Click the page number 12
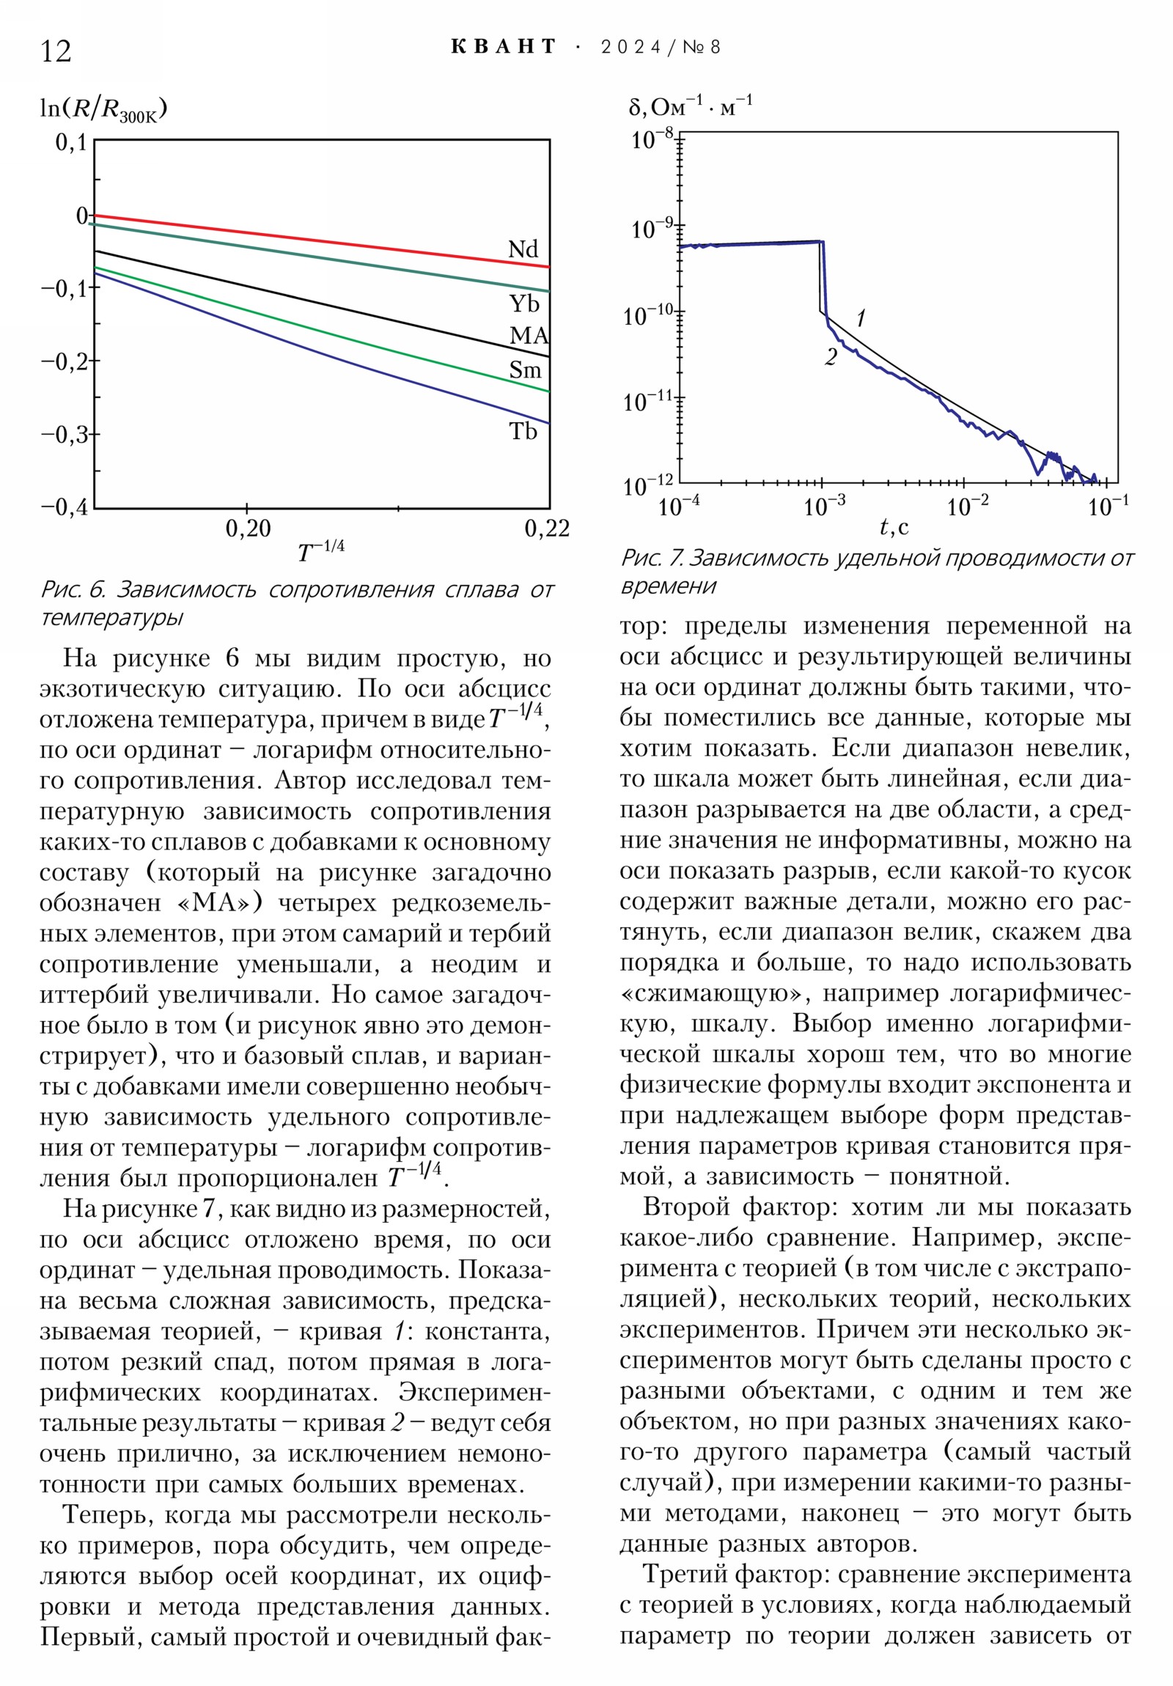click(56, 51)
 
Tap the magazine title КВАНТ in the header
click(503, 47)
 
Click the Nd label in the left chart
click(523, 249)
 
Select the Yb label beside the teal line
click(524, 303)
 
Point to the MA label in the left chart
click(529, 336)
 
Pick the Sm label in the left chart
click(525, 370)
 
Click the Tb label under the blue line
click(523, 431)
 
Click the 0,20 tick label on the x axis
click(249, 528)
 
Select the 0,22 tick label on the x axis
click(547, 528)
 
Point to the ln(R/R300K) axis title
click(103, 109)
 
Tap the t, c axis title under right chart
click(894, 526)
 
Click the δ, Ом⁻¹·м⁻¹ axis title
click(690, 107)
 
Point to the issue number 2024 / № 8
click(661, 48)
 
